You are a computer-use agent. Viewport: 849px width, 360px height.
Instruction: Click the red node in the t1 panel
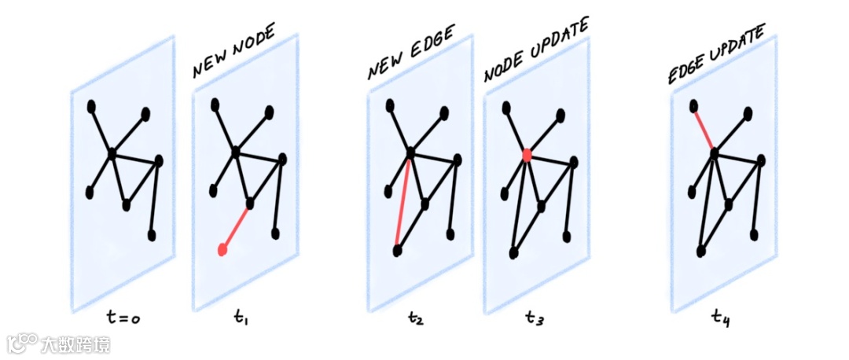coord(222,250)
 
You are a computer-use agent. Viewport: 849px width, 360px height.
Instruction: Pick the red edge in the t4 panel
coord(704,128)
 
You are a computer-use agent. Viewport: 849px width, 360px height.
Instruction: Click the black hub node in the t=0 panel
coord(112,152)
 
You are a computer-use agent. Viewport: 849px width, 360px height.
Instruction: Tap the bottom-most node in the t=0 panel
coord(152,235)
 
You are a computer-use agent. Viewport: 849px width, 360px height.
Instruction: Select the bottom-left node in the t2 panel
coord(397,251)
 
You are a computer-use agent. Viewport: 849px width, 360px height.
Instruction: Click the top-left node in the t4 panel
coord(693,105)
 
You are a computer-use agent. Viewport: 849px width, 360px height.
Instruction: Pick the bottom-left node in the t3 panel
coord(513,252)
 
